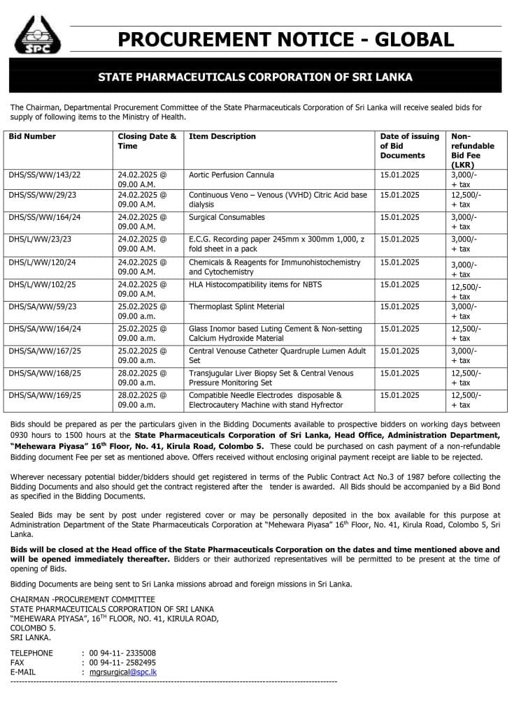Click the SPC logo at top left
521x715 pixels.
[x=38, y=35]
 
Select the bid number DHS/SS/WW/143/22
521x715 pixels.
[x=45, y=175]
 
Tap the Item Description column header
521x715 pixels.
[x=222, y=137]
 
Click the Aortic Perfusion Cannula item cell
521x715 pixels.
[x=231, y=175]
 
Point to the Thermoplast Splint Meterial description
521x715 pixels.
[x=237, y=307]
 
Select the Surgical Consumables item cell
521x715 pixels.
[x=227, y=218]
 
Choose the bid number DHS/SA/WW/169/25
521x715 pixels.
[x=45, y=395]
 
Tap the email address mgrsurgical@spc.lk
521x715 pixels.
[x=123, y=672]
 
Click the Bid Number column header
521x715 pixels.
[x=32, y=137]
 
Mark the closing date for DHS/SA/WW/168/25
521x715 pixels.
[x=143, y=378]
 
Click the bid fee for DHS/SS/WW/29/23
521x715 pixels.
[x=466, y=200]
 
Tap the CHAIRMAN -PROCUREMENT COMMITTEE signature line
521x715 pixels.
[x=83, y=599]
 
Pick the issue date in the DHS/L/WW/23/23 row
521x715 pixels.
[x=400, y=239]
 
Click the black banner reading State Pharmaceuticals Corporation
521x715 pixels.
[x=255, y=77]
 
